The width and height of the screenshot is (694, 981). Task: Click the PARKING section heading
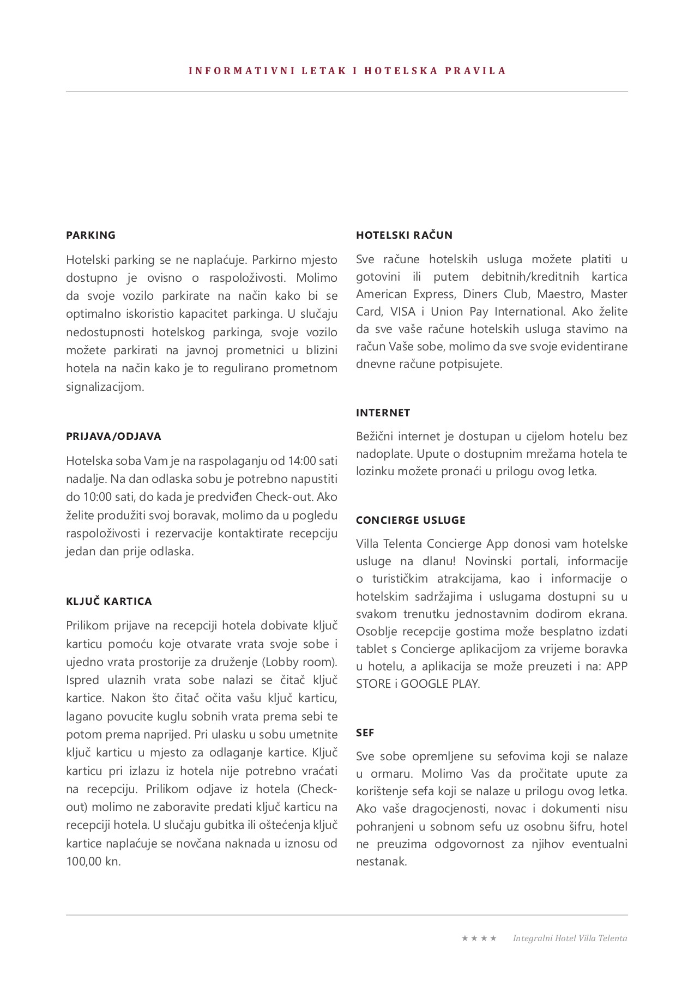coord(90,235)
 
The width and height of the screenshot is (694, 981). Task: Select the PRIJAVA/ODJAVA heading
coord(113,437)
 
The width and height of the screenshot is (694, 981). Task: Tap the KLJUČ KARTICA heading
coord(109,602)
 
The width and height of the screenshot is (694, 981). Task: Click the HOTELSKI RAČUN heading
coord(404,235)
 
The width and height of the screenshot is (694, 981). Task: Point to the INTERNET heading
coord(383,413)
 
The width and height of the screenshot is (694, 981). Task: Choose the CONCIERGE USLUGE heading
coord(411,520)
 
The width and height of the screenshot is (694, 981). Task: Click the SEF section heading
coord(365,733)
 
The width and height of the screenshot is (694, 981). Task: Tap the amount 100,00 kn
coord(93,862)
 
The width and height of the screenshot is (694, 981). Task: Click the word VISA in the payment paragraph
coord(403,312)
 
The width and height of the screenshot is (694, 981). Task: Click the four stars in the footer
coord(479,938)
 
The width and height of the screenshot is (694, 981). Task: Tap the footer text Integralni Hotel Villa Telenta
coord(570,938)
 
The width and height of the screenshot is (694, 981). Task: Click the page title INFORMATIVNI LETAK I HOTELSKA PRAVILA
coord(347,71)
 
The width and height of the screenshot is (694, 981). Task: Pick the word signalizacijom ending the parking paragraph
coord(105,387)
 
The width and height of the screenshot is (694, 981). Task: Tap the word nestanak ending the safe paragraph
coord(381,862)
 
